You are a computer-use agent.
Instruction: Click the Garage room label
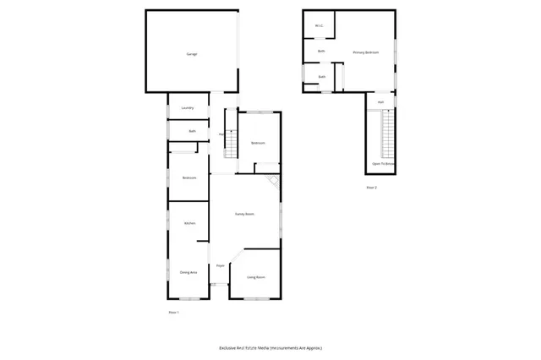[x=191, y=54]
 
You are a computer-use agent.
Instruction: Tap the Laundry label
[x=188, y=108]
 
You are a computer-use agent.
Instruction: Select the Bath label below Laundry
[x=192, y=131]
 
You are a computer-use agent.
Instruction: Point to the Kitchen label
[x=189, y=223]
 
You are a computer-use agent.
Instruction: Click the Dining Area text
[x=188, y=272]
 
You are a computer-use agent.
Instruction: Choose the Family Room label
[x=245, y=215]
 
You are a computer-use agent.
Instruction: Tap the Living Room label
[x=255, y=277]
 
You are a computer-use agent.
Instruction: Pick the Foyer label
[x=219, y=265]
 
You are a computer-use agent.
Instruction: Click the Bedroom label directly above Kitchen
[x=189, y=177]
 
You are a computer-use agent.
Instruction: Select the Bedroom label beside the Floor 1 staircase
[x=258, y=143]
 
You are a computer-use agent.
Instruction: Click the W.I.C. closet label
[x=319, y=26]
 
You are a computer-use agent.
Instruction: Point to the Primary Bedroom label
[x=365, y=52]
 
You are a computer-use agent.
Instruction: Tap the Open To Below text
[x=384, y=163]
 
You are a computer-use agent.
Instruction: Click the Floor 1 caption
[x=173, y=313]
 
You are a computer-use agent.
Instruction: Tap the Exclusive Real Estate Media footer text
[x=270, y=347]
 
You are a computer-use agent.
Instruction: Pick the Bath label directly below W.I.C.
[x=321, y=52]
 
